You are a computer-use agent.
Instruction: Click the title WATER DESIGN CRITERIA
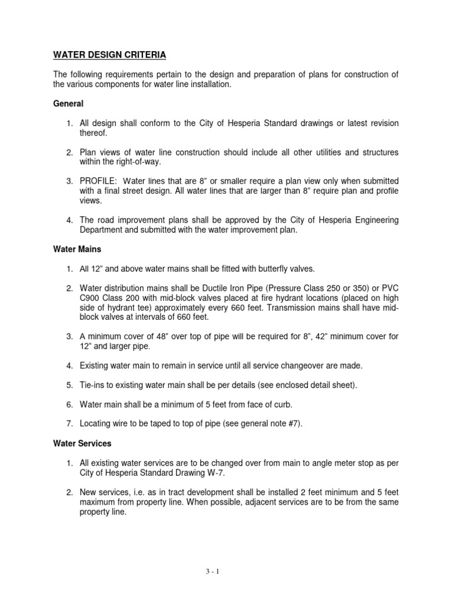click(x=109, y=55)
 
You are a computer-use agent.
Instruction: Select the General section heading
click(x=68, y=104)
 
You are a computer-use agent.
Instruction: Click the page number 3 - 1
click(x=225, y=571)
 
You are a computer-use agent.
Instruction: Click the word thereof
click(x=94, y=133)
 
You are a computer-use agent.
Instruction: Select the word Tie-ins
click(x=92, y=385)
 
